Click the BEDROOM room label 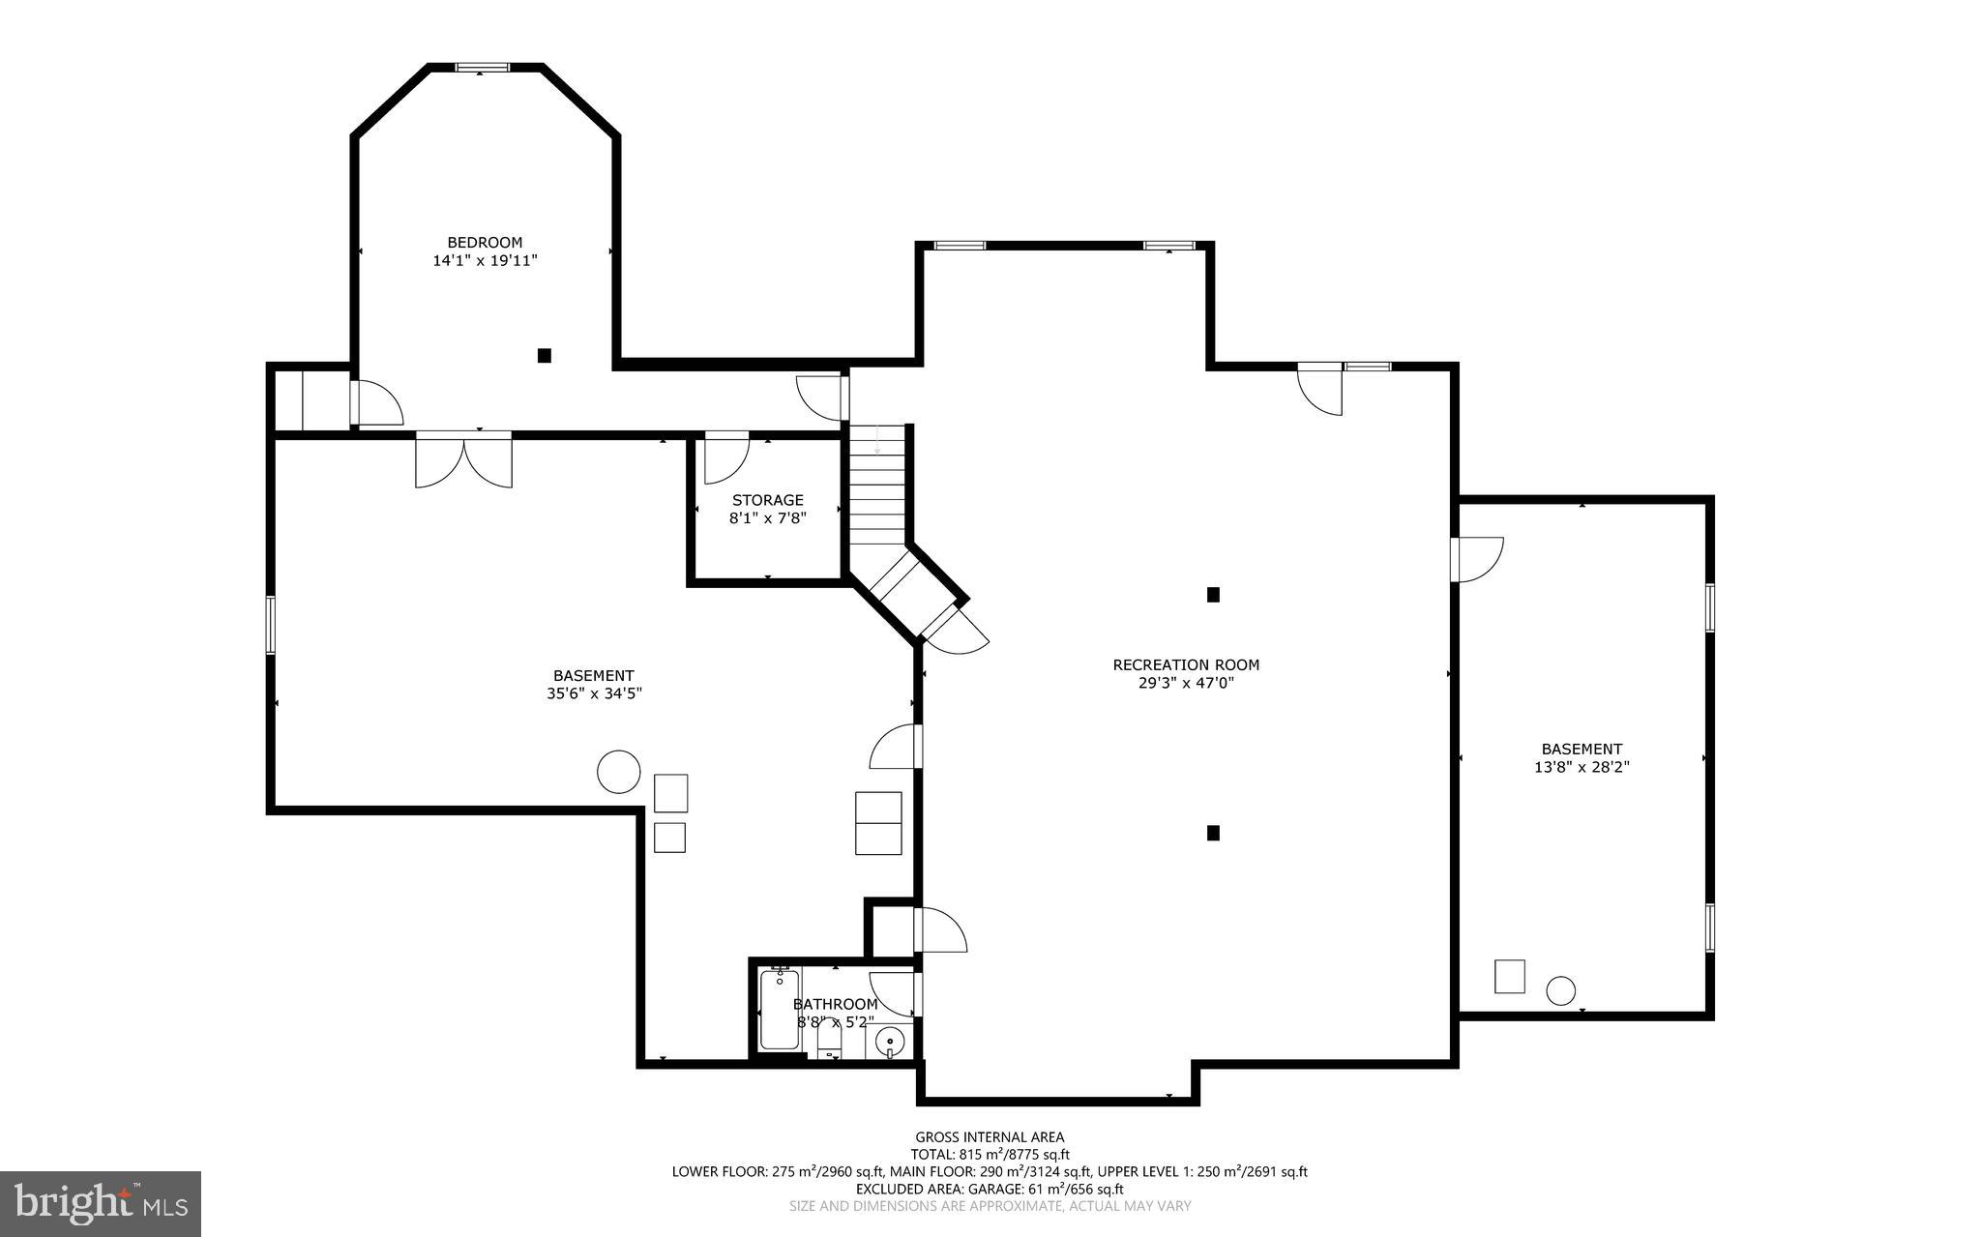point(485,243)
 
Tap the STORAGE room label point(767,500)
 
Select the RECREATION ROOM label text point(1186,664)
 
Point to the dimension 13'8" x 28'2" point(1582,767)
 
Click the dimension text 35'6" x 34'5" point(594,693)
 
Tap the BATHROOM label point(835,1005)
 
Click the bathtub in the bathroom point(780,1010)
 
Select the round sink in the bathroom point(890,1042)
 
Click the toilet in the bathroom point(829,1042)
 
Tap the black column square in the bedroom point(545,355)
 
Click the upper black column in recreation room point(1213,595)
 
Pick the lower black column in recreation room point(1213,832)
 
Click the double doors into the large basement point(464,462)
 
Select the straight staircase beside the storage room point(877,484)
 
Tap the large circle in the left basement point(618,772)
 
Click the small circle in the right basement point(1560,990)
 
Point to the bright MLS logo point(101,1203)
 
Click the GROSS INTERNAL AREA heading point(990,1137)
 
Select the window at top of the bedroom point(483,68)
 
